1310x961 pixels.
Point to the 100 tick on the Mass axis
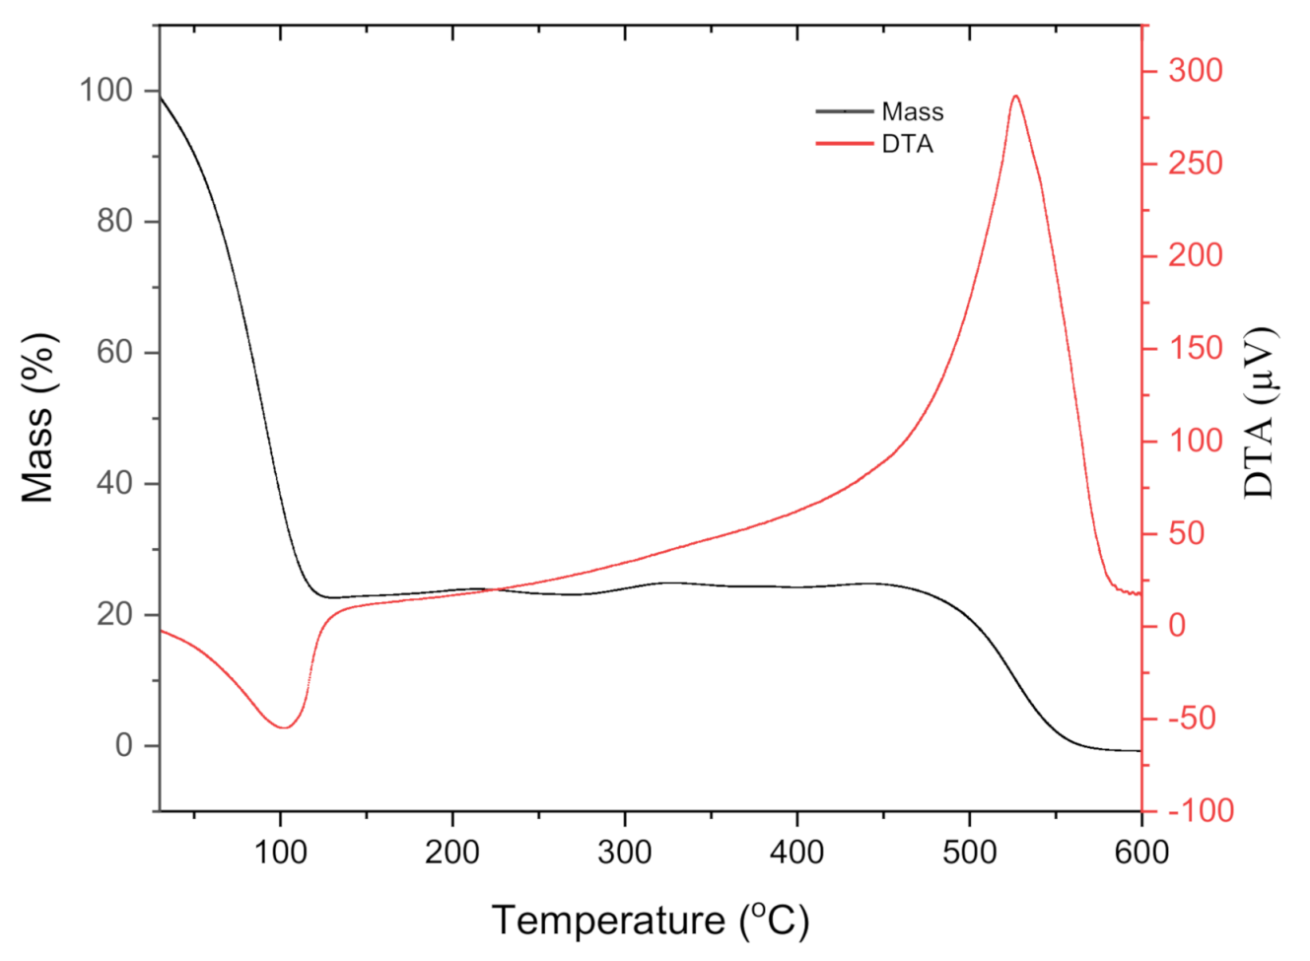point(105,91)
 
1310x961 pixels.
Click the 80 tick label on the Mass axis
point(114,221)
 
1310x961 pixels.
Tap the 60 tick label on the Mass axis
point(114,352)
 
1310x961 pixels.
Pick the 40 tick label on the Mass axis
point(114,483)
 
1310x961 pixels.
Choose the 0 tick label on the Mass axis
point(124,745)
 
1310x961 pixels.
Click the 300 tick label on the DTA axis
point(1195,70)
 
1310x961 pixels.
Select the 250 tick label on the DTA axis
point(1195,163)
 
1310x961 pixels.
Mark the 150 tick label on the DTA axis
point(1195,348)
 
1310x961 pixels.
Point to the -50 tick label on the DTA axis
point(1192,718)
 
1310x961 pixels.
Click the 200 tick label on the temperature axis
point(452,852)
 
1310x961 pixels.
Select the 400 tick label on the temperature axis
point(796,852)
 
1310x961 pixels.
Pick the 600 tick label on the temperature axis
point(1141,852)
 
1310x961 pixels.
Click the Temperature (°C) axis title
point(651,921)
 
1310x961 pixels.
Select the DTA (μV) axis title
point(1259,412)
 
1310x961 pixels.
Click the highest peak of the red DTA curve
point(1015,97)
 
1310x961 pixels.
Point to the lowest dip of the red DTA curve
point(284,727)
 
